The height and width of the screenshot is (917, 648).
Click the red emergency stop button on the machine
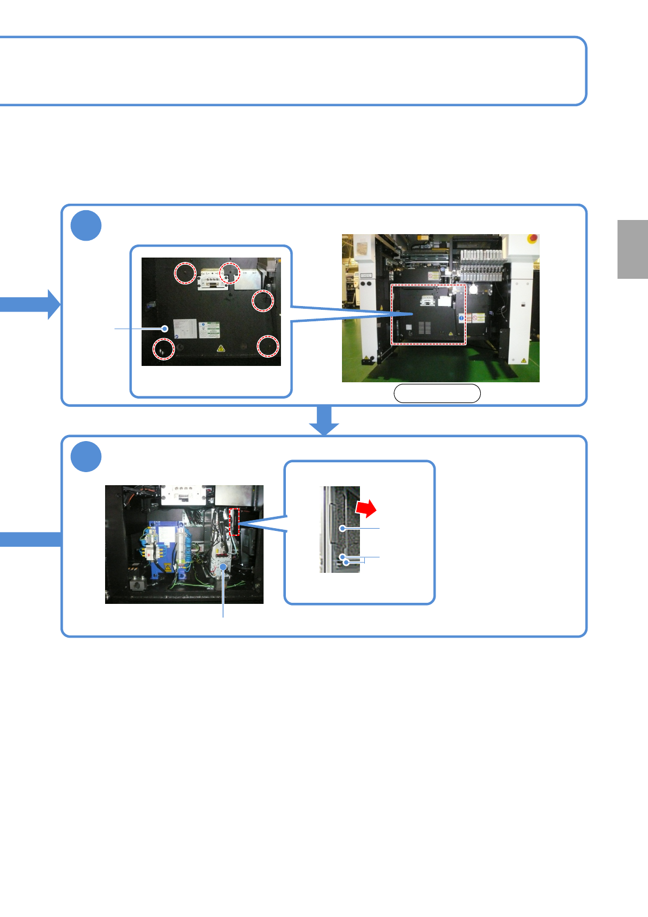coord(533,238)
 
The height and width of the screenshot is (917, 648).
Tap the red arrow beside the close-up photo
coord(366,508)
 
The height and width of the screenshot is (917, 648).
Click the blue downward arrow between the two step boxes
coord(324,420)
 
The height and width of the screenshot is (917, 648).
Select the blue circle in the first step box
coord(86,225)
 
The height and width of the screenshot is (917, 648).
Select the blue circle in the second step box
coord(86,456)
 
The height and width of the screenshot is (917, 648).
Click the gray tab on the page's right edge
coord(632,249)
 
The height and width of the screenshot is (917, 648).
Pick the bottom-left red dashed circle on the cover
coord(163,349)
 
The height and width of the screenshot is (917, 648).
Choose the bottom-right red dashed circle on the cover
coord(268,346)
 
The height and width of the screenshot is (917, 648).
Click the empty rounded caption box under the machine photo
coord(437,393)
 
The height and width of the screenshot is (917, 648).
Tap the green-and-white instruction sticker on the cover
coord(209,329)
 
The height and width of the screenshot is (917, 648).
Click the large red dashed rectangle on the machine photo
coord(429,314)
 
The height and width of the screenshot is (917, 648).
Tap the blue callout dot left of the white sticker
coord(164,328)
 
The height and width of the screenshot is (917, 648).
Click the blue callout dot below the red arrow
coord(342,528)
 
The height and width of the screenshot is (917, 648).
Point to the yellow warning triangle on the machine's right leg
coord(523,360)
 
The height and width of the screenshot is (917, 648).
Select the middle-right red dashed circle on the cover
coord(263,300)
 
